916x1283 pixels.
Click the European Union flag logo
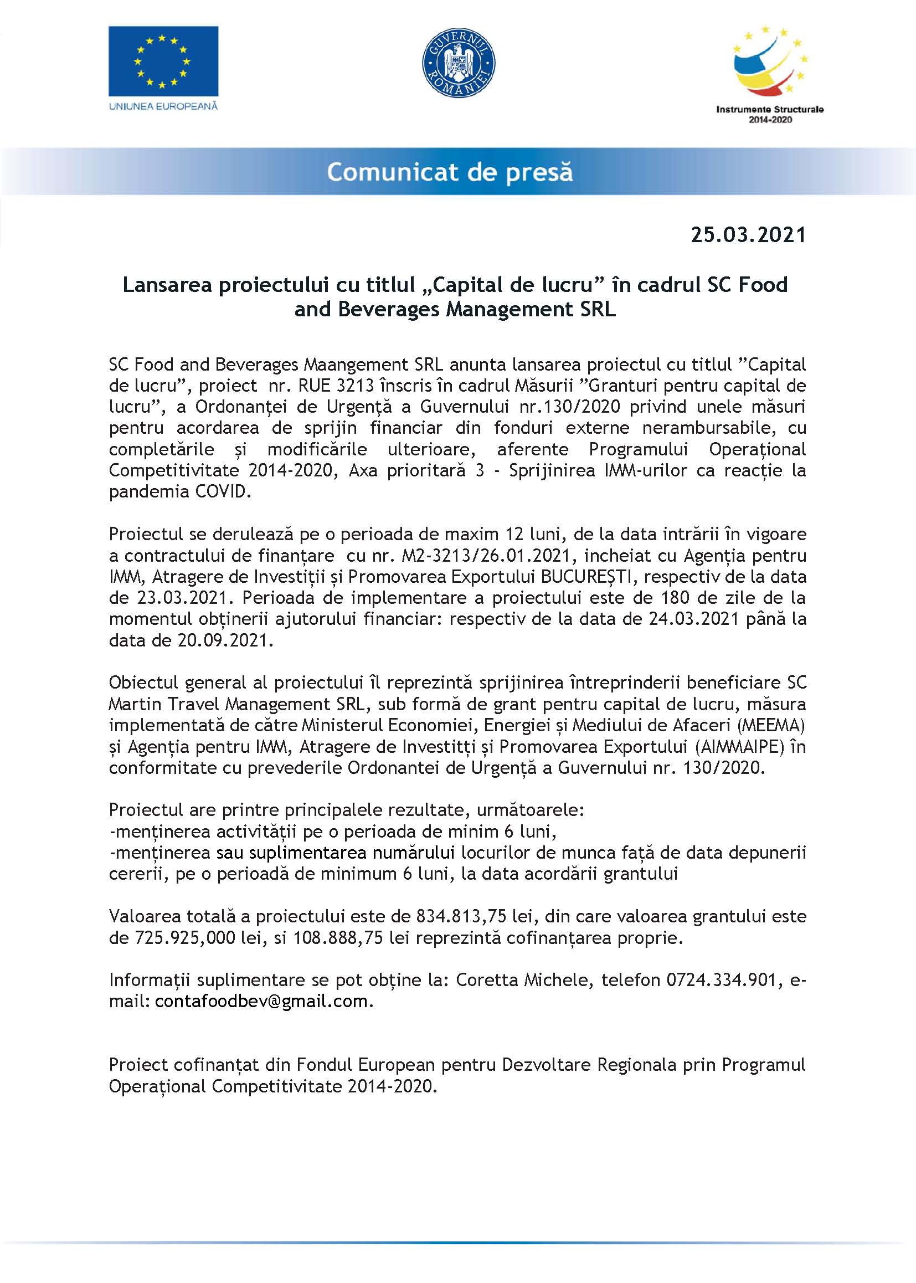(x=163, y=61)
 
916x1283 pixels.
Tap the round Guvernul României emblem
(x=459, y=64)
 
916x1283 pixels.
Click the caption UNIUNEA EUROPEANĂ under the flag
(x=163, y=106)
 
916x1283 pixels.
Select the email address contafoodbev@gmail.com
(x=262, y=1002)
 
